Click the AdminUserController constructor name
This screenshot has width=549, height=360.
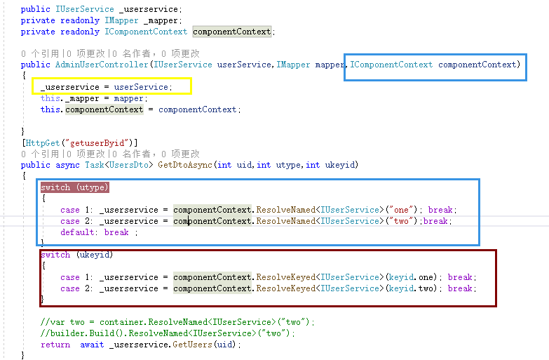[100, 65]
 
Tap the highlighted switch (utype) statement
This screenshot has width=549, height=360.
[74, 187]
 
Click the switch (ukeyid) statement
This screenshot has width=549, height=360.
[76, 255]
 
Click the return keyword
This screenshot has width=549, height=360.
[55, 345]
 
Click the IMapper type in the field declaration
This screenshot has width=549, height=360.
[120, 20]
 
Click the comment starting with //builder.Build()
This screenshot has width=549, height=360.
[168, 333]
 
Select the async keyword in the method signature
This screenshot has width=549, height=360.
[69, 165]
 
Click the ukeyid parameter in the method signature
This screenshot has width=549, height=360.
[341, 165]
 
